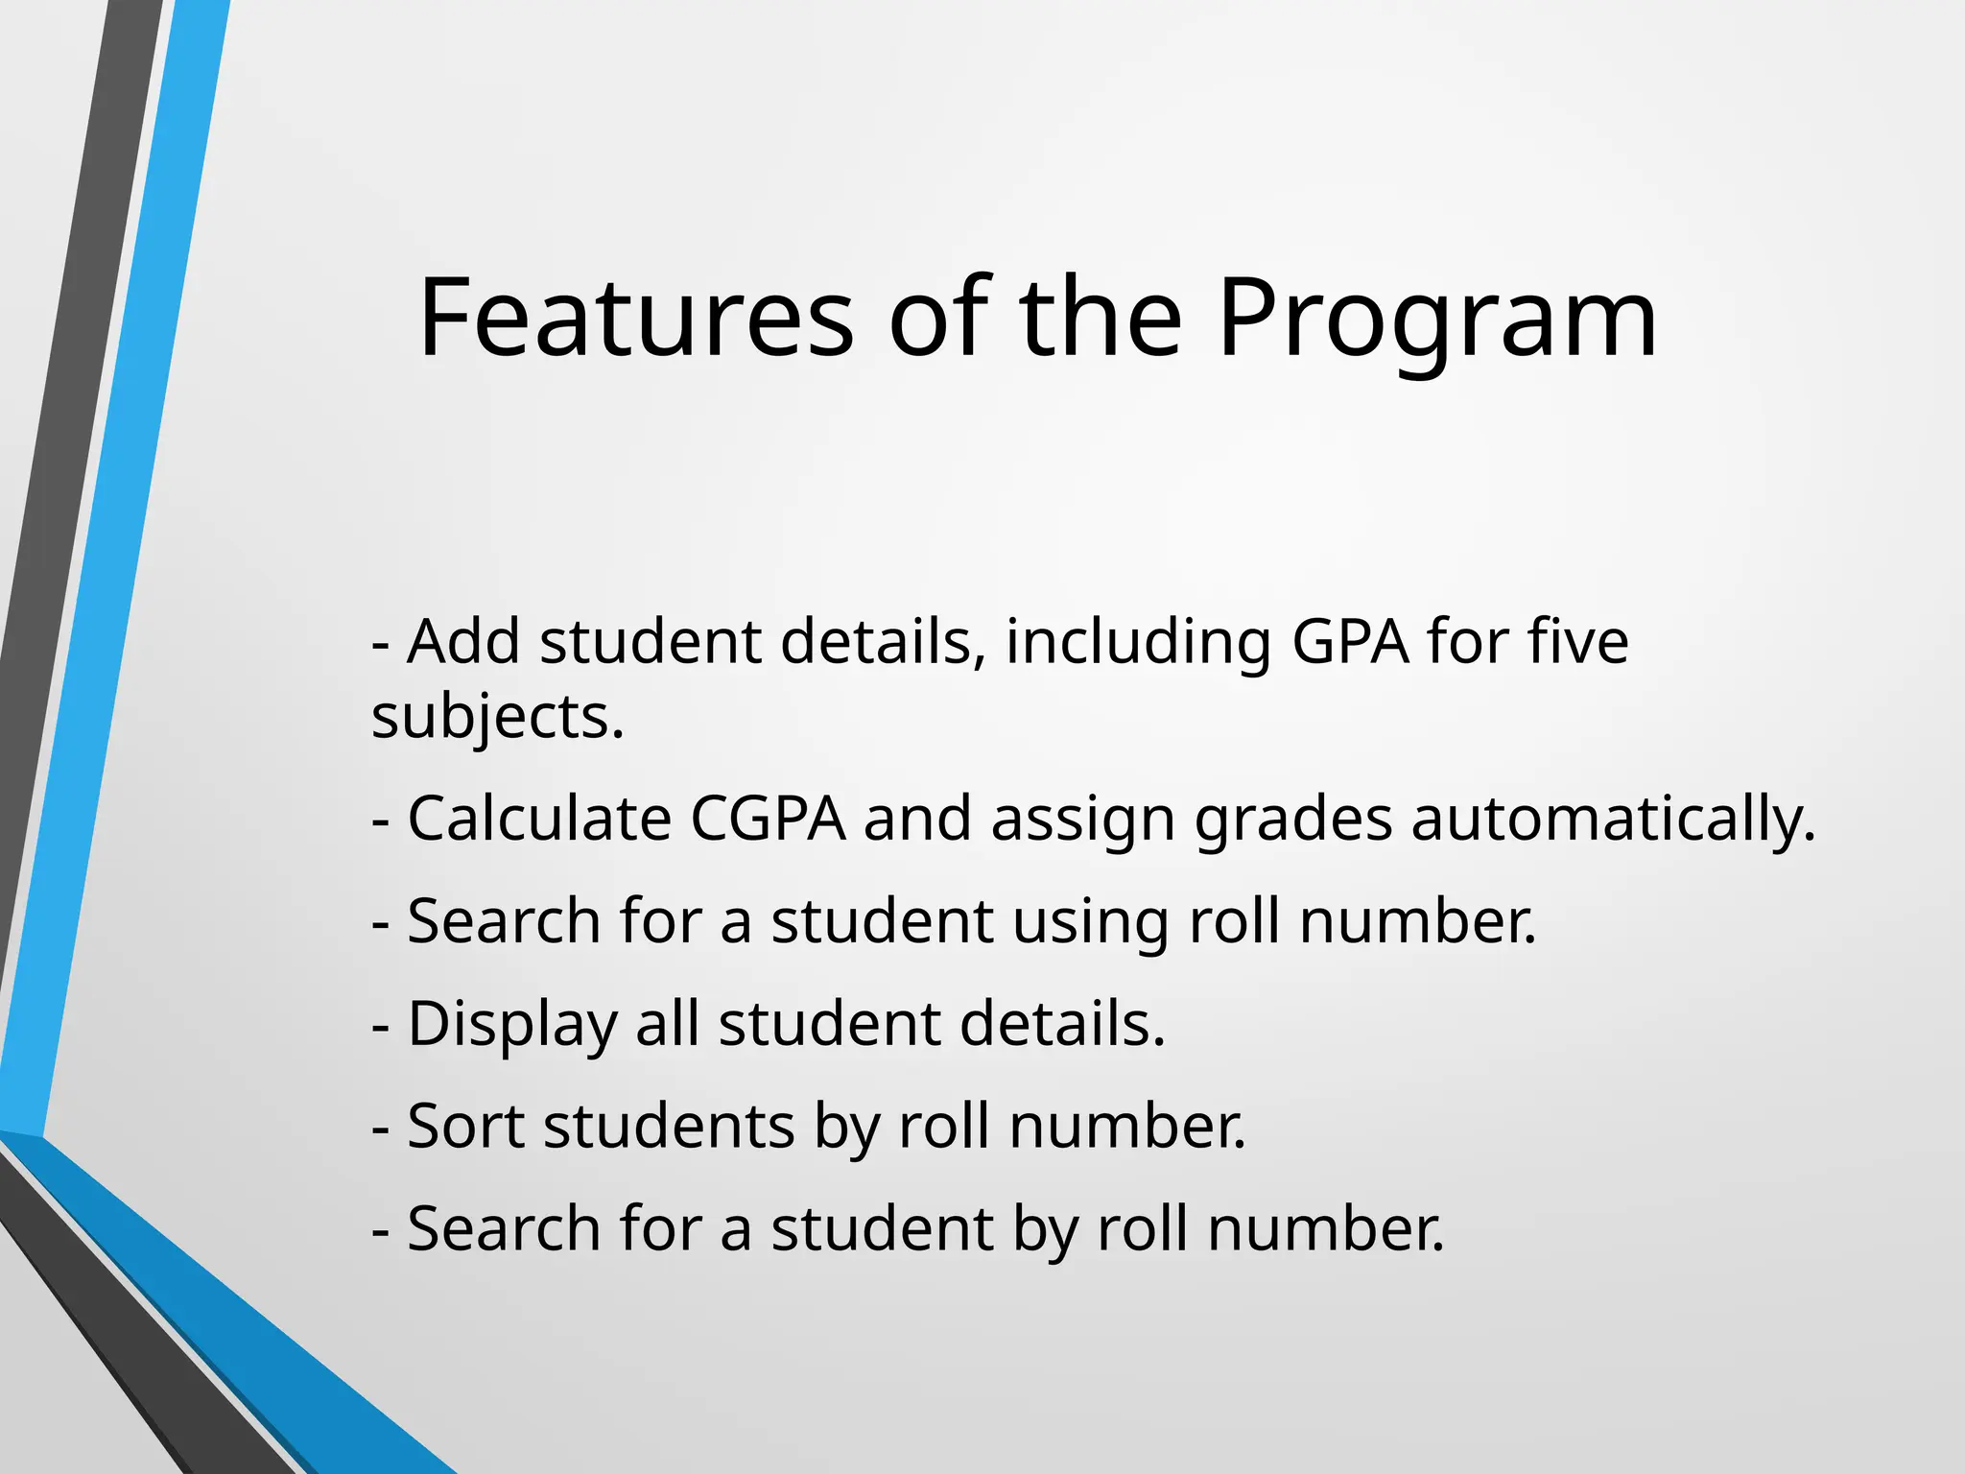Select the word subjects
[497, 718]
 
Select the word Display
[512, 1025]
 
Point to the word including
[1138, 643]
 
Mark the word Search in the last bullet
[504, 1228]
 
